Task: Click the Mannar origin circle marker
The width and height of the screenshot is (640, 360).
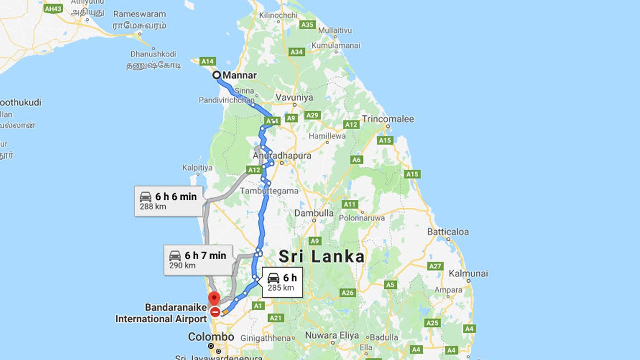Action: point(217,75)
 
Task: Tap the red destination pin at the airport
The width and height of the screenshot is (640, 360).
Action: point(214,298)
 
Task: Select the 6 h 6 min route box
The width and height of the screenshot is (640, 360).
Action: point(168,201)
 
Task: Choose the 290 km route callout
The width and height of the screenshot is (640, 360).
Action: point(198,260)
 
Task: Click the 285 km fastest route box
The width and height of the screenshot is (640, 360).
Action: point(282,282)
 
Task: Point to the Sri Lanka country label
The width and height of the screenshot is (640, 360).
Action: point(321,257)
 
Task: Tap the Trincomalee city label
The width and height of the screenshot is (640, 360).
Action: point(388,119)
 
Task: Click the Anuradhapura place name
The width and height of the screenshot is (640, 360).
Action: point(282,156)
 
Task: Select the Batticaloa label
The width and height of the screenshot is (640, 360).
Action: point(448,232)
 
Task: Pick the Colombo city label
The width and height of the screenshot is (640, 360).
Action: point(211,337)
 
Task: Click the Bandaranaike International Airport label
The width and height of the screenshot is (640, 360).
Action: point(161,313)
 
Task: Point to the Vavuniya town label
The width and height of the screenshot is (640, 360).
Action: point(294,98)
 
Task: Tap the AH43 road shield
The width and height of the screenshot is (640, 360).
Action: point(53,9)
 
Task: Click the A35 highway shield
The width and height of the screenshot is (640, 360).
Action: point(307,24)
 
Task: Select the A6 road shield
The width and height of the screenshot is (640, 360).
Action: point(356,160)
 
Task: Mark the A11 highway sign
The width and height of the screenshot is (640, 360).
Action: point(350,204)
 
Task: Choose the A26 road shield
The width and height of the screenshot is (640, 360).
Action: point(348,292)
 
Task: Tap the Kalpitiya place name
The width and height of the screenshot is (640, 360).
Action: point(197,168)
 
